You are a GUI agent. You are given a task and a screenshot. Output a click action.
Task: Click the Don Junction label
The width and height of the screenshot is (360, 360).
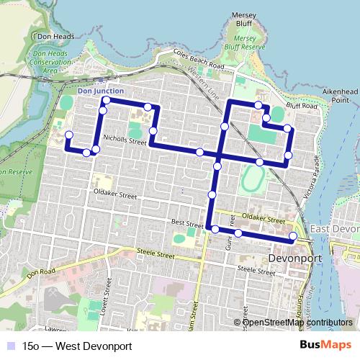(x=100, y=91)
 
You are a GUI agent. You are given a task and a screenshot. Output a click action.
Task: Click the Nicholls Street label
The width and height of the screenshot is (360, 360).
(x=125, y=142)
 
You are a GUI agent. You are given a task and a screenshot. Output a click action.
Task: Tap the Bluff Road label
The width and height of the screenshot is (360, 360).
(x=301, y=106)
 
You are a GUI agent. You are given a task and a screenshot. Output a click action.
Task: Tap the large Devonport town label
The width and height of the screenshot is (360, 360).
(x=293, y=256)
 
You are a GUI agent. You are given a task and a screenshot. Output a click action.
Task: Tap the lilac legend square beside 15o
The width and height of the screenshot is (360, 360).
(x=11, y=346)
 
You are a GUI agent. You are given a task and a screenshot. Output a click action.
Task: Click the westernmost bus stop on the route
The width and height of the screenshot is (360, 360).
(x=69, y=135)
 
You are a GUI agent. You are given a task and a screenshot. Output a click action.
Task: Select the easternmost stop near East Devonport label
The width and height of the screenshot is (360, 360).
(x=293, y=236)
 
